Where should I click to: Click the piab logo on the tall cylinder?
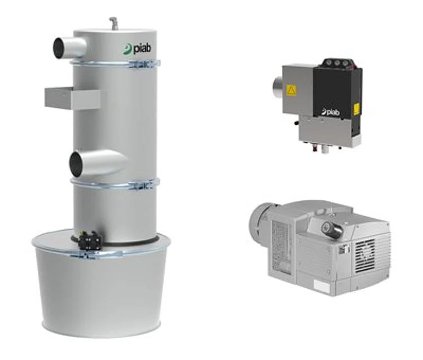pos(137,49)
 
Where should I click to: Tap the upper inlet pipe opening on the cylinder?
pos(58,48)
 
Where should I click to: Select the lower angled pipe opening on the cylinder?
pos(76,164)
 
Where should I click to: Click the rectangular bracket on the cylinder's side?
pos(72,98)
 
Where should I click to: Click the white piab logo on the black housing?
pos(331,112)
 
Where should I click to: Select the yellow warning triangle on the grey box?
pos(292,90)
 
